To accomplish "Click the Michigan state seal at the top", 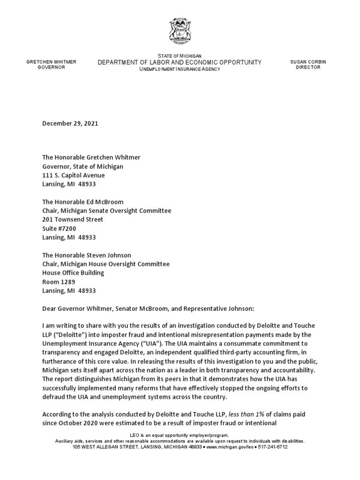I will [x=180, y=32].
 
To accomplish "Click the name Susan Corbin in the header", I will [x=308, y=62].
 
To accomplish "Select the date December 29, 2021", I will [x=70, y=123].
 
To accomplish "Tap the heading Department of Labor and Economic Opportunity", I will [x=179, y=63].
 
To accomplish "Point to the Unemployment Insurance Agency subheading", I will [x=179, y=69].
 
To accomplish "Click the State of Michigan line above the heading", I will [x=180, y=56].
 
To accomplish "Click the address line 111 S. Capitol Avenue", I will [x=74, y=175].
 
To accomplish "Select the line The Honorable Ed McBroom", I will [x=83, y=202].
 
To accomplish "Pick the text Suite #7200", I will [x=59, y=228].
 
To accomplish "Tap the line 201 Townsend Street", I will [x=73, y=219].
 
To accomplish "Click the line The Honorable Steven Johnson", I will [x=87, y=255].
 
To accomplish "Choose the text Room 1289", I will [x=59, y=282].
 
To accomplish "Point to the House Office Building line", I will [x=73, y=273].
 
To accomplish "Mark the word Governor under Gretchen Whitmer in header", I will [x=51, y=67].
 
